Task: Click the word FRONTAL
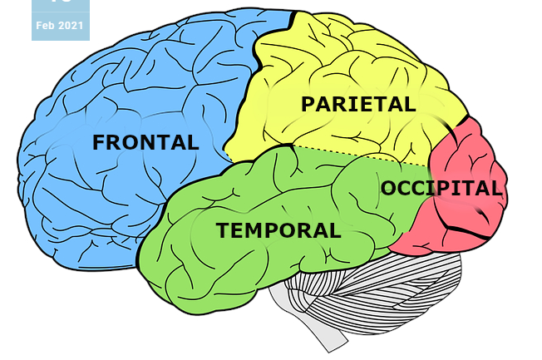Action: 145,142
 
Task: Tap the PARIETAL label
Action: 358,104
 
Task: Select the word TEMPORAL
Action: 278,230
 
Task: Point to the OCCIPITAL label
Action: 441,188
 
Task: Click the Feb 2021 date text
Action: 60,26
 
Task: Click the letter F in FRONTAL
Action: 99,142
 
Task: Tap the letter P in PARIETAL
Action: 308,104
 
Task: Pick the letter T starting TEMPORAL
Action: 224,230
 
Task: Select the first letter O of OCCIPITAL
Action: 388,188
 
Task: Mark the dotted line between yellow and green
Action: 361,155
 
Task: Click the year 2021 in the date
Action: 71,26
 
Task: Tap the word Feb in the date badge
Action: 45,26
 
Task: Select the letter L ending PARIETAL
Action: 410,104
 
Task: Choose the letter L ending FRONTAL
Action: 194,142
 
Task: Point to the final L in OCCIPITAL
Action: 497,188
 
